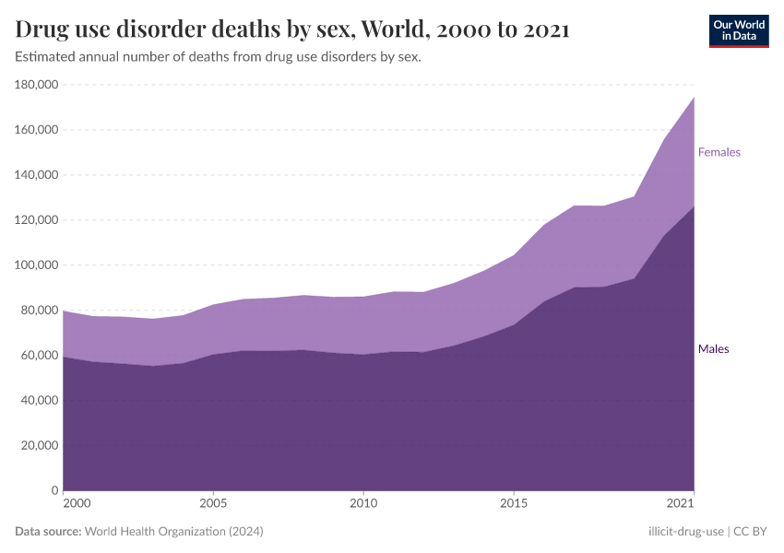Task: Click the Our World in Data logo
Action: pyautogui.click(x=738, y=30)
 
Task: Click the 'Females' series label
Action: pyautogui.click(x=719, y=152)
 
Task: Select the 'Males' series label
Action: pyautogui.click(x=713, y=349)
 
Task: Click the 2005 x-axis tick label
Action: pyautogui.click(x=213, y=504)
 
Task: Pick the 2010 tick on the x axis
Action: pyautogui.click(x=363, y=504)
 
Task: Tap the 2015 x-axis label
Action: pyautogui.click(x=514, y=504)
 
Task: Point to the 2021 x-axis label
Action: pyautogui.click(x=680, y=504)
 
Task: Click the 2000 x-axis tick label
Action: pyautogui.click(x=77, y=504)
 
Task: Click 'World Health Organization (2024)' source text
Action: pyautogui.click(x=173, y=532)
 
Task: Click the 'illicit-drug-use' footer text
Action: pyautogui.click(x=685, y=532)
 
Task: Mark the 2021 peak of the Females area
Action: pyautogui.click(x=694, y=97)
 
